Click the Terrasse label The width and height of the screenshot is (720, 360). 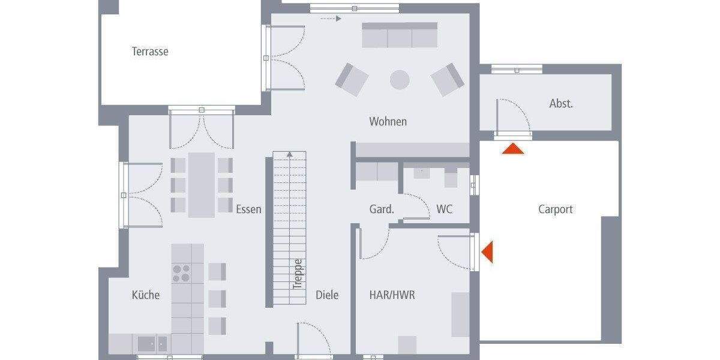(150, 52)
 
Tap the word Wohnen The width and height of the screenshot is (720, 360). (388, 122)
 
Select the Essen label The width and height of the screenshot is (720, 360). (248, 209)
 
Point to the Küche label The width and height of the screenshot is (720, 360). (146, 295)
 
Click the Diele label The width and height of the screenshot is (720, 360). (327, 295)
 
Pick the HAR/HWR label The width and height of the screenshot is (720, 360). (392, 295)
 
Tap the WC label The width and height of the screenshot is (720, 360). (444, 209)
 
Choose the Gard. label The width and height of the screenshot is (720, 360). (382, 209)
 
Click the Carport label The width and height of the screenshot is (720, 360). (555, 209)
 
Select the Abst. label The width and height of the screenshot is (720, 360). (561, 104)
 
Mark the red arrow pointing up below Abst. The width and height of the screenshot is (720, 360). (513, 149)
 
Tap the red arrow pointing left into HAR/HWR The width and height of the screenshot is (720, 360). (487, 251)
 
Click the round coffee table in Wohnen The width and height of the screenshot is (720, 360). (400, 79)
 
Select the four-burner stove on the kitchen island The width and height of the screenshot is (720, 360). (182, 273)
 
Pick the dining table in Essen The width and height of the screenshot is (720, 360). (202, 184)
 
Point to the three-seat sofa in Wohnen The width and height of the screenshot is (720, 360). (400, 35)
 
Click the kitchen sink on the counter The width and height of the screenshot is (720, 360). (152, 344)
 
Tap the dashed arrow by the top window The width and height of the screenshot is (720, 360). (331, 19)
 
